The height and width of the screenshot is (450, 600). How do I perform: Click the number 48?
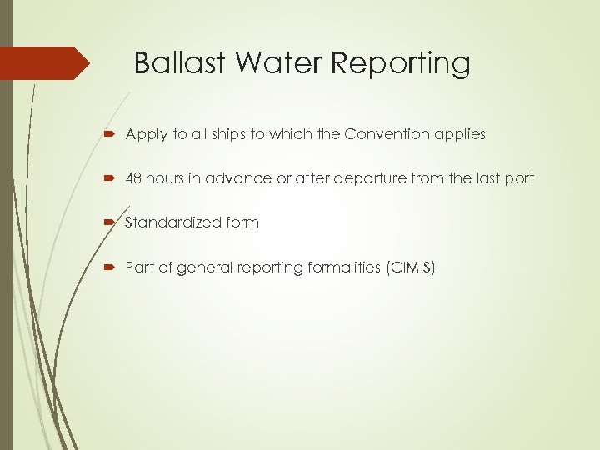pos(134,178)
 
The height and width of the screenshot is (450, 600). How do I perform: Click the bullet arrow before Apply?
pos(113,134)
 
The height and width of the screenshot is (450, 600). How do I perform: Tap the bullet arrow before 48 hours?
pos(113,178)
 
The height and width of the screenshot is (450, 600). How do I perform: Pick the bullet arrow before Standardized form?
pos(113,222)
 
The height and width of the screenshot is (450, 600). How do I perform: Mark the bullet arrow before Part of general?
pos(113,267)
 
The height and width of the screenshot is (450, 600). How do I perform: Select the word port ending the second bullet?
pos(520,178)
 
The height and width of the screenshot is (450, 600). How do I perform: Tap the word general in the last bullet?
pos(195,267)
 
